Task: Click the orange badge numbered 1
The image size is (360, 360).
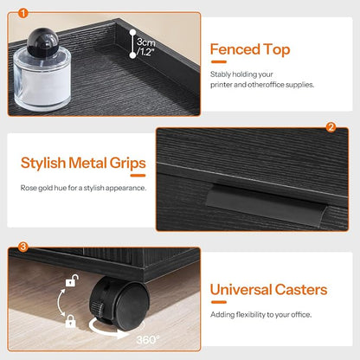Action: coord(23,13)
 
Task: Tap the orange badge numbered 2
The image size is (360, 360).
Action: coord(331,127)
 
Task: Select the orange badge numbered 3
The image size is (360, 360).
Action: coord(23,247)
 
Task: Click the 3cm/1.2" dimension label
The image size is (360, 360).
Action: coord(146,47)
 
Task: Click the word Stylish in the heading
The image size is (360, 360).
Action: coord(43,163)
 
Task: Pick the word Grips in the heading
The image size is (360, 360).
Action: coord(127,164)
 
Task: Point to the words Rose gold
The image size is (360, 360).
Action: coord(36,188)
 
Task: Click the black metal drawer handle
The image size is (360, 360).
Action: coord(267,204)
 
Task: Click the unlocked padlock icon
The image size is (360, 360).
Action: coord(72,280)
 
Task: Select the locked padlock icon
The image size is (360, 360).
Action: coord(70,321)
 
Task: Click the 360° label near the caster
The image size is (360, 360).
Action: coord(148,339)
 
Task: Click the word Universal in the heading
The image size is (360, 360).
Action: coord(241,290)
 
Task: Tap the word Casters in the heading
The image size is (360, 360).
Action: coord(301,290)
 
